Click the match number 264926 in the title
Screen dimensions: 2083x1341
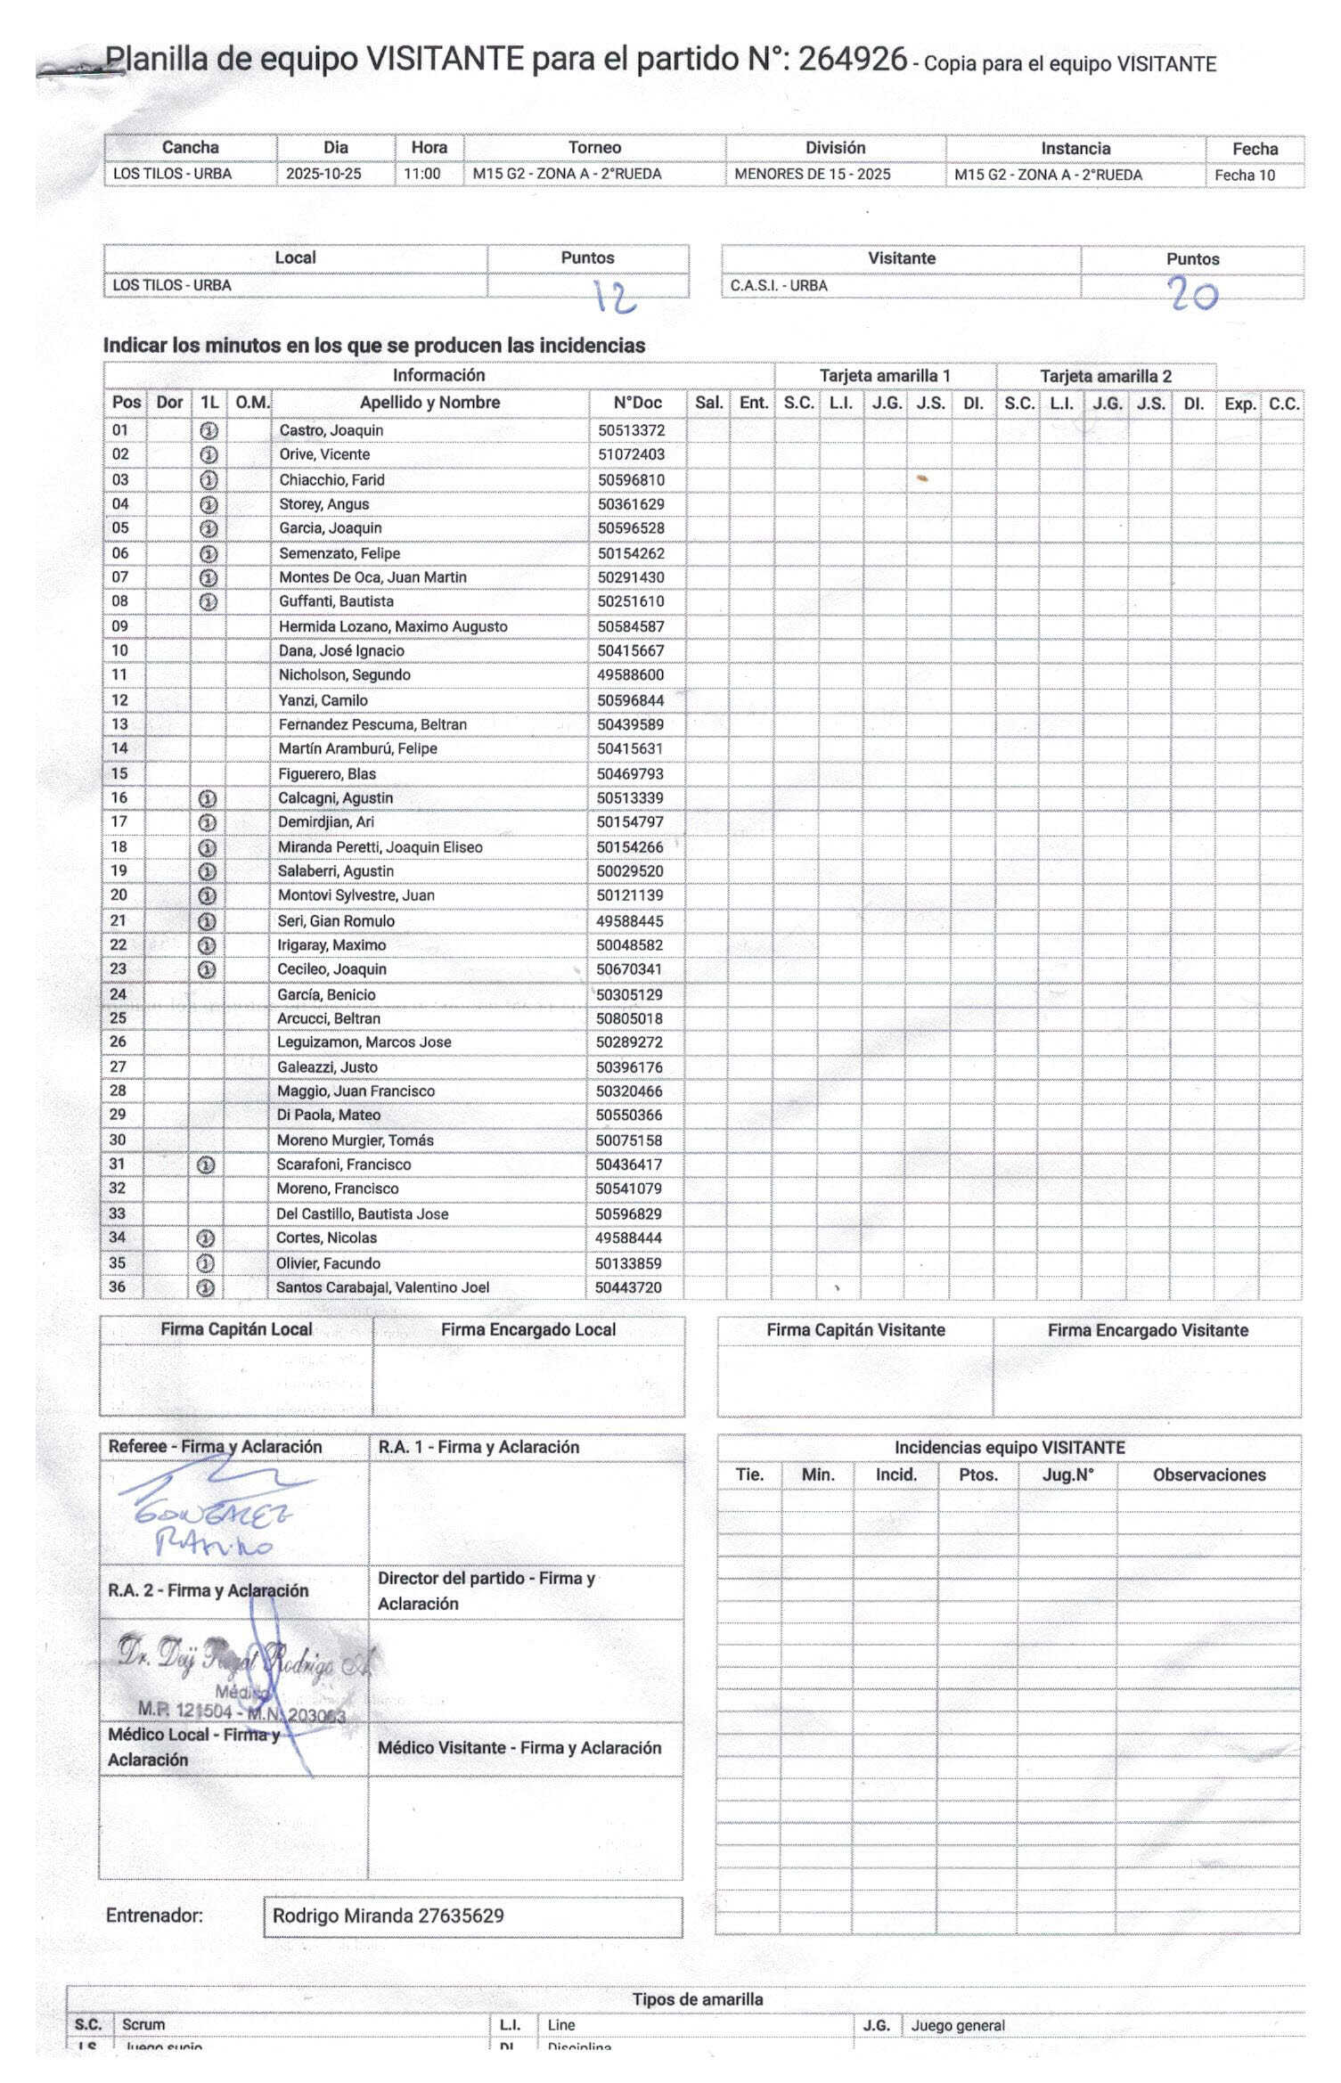pyautogui.click(x=852, y=60)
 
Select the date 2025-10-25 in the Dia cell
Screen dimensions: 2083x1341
pyautogui.click(x=323, y=174)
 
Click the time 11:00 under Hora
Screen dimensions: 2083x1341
pyautogui.click(x=422, y=174)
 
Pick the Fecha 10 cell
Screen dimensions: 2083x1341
pyautogui.click(x=1245, y=176)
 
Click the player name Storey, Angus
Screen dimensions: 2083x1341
pyautogui.click(x=324, y=504)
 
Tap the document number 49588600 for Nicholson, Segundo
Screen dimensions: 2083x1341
pyautogui.click(x=631, y=675)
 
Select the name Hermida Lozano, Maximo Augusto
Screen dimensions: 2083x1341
pyautogui.click(x=393, y=626)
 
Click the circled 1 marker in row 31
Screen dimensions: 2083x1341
pyautogui.click(x=206, y=1164)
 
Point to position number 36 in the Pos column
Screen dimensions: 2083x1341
pyautogui.click(x=118, y=1287)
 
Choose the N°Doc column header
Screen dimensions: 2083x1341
pyautogui.click(x=637, y=403)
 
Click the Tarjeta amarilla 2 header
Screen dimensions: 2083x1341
pyautogui.click(x=1106, y=376)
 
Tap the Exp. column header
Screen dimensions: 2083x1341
pyautogui.click(x=1239, y=404)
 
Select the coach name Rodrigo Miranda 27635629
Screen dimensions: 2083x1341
pyautogui.click(x=388, y=1916)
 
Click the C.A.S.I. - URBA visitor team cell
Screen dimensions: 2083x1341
pyautogui.click(x=779, y=286)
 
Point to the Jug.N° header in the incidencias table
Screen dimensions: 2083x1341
pyautogui.click(x=1067, y=1474)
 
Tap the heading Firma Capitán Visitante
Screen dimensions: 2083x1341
pyautogui.click(x=855, y=1330)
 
